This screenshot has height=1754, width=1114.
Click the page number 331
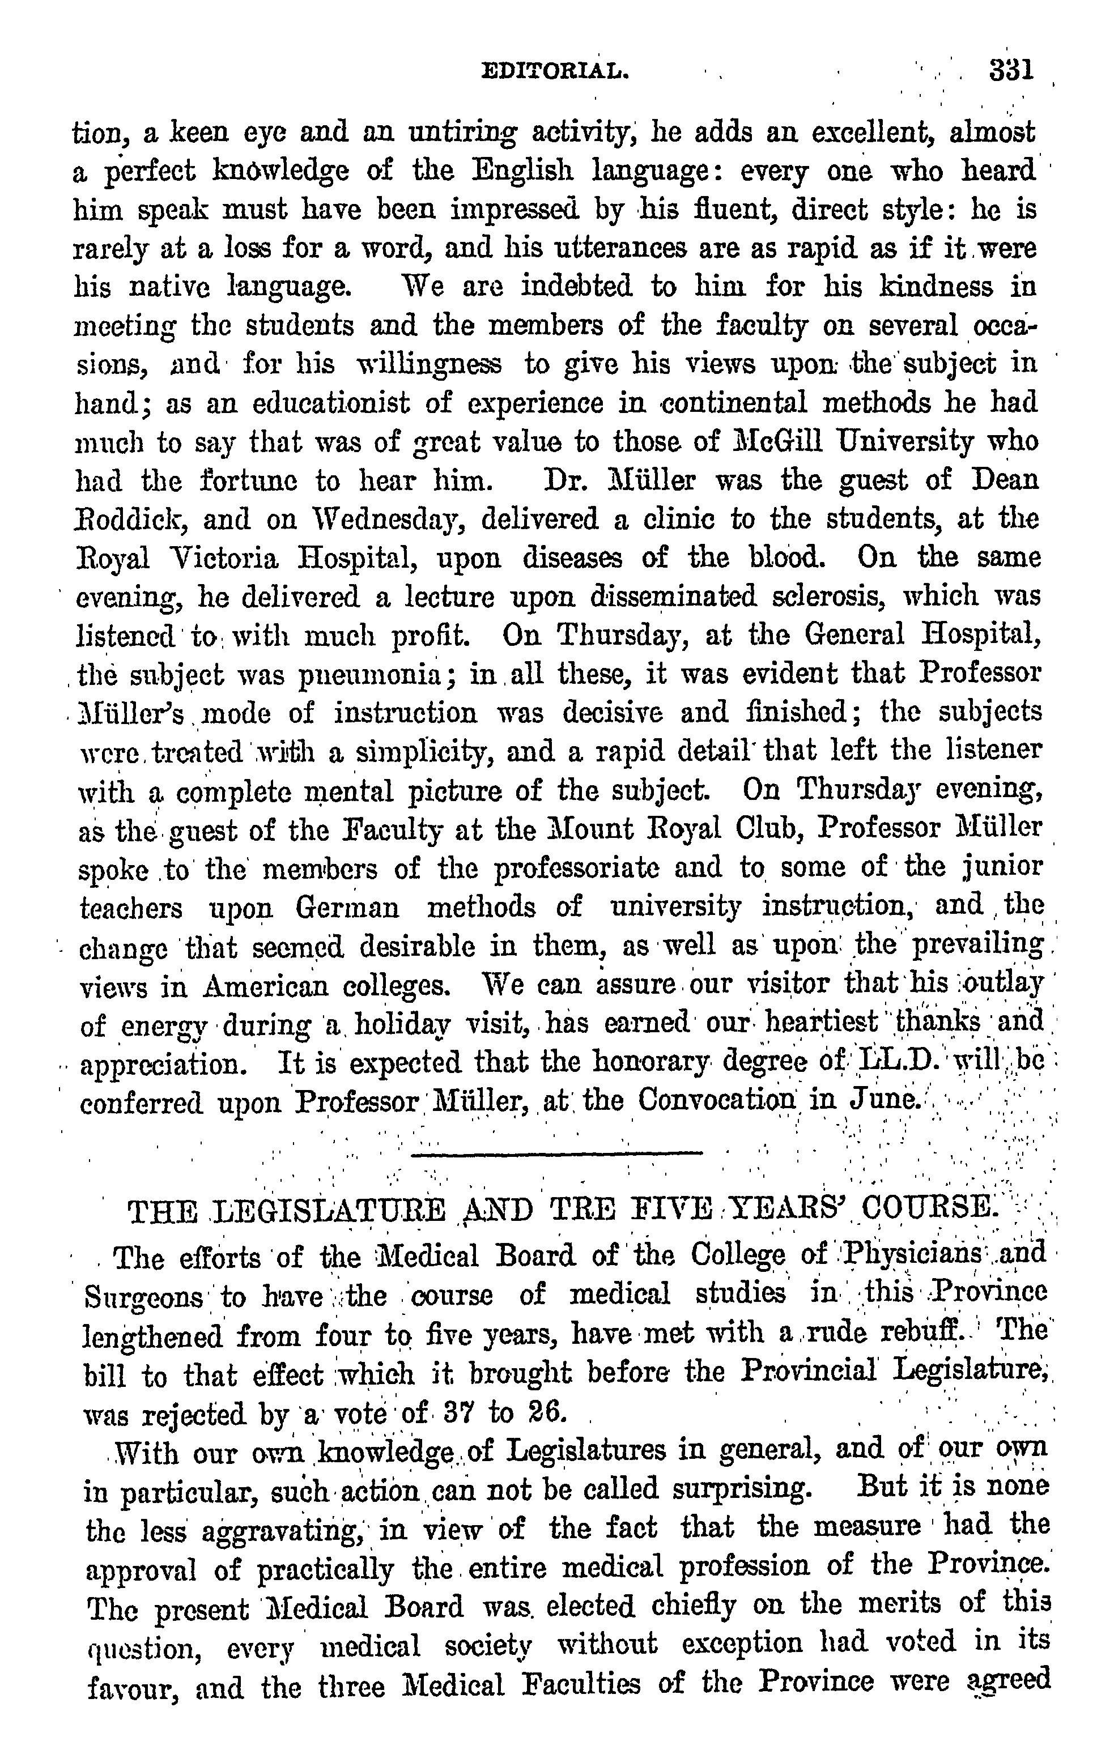[x=1012, y=71]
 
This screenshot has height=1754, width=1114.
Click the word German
[x=347, y=908]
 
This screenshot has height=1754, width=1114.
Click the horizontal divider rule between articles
[x=556, y=1153]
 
